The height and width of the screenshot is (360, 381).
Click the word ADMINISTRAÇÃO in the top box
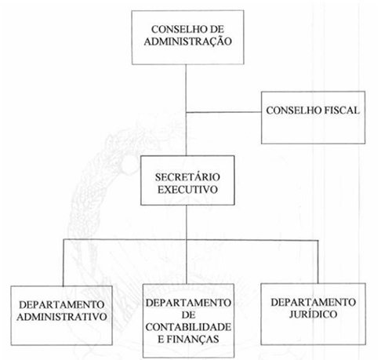point(188,42)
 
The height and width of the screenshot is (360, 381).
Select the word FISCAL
point(342,111)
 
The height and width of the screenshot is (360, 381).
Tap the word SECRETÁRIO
point(187,177)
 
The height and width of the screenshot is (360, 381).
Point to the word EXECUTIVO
point(187,189)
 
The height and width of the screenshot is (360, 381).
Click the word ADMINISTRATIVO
point(62,317)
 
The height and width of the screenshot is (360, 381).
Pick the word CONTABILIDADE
point(188,327)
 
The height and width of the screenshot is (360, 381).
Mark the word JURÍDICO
point(313,314)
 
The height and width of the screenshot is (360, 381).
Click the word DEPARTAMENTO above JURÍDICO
point(313,302)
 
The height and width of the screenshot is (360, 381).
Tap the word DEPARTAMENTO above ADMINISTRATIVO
point(62,305)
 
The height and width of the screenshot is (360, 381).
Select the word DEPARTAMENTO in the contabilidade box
point(188,303)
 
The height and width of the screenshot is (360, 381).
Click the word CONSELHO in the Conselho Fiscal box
point(294,111)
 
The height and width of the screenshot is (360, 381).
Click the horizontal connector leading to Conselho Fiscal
point(223,112)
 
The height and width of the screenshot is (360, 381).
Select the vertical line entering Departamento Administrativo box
point(63,263)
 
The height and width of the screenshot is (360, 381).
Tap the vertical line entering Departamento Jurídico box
point(318,262)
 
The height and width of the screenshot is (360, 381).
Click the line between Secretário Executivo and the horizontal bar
point(187,222)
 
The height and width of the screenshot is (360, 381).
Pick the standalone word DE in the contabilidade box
point(188,315)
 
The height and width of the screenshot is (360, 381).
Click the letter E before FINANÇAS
point(161,339)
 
